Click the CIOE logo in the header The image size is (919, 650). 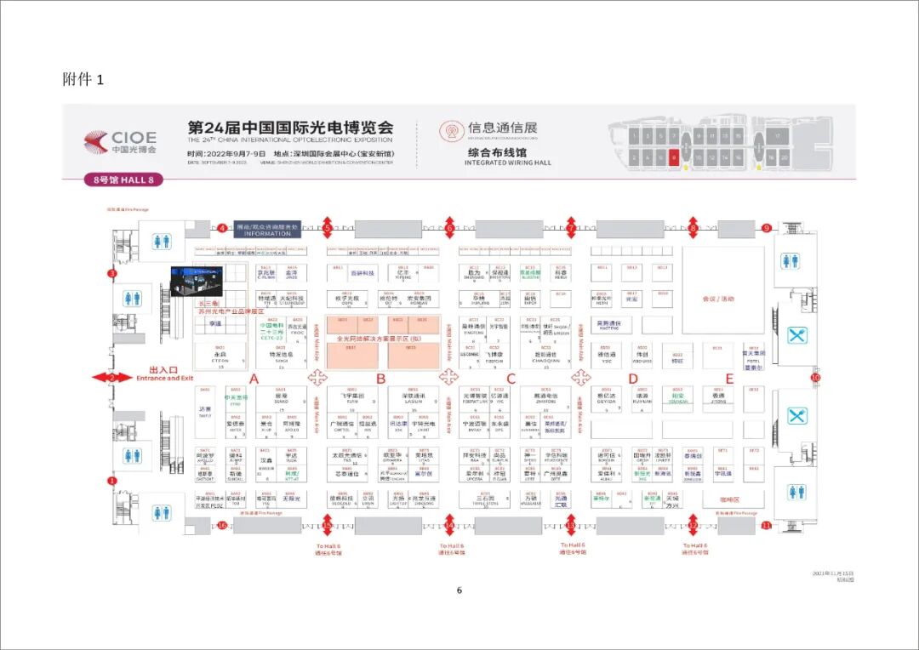point(121,141)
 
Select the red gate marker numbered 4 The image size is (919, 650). point(222,228)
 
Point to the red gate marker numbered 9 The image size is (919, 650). point(766,228)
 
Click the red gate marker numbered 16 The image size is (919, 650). point(222,525)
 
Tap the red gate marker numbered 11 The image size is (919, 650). point(766,525)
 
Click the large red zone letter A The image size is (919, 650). point(253,379)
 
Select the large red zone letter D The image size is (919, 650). point(632,379)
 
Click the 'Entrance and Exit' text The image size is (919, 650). point(165,378)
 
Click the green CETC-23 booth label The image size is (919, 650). point(270,337)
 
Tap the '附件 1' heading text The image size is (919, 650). point(83,79)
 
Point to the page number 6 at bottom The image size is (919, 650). point(459,590)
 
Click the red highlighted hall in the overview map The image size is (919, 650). point(674,157)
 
